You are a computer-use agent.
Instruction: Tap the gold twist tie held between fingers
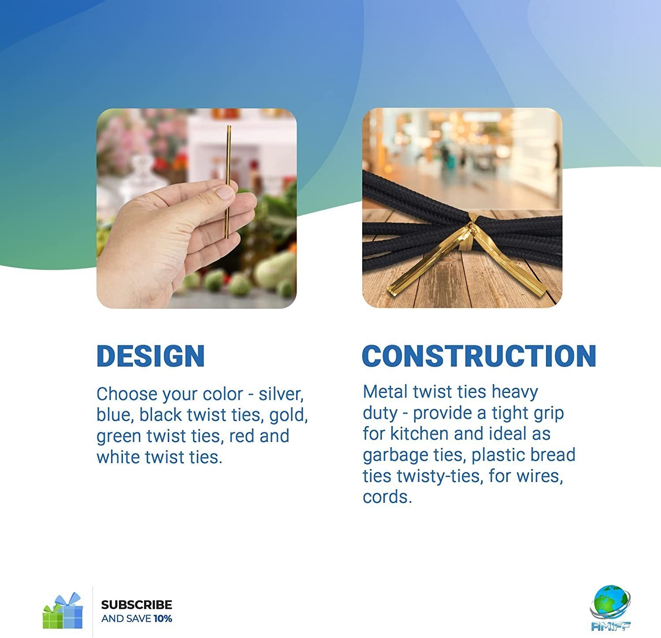click(228, 182)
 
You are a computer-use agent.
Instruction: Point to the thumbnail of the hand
click(197, 208)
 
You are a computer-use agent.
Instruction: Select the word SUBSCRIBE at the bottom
click(137, 605)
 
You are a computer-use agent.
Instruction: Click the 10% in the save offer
click(163, 619)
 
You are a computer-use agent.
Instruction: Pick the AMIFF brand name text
click(611, 626)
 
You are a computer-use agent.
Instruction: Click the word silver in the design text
click(281, 394)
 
